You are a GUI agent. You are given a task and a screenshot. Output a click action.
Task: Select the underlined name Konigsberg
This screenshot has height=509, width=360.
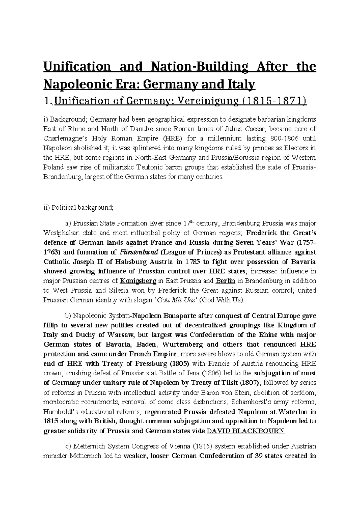138,281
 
